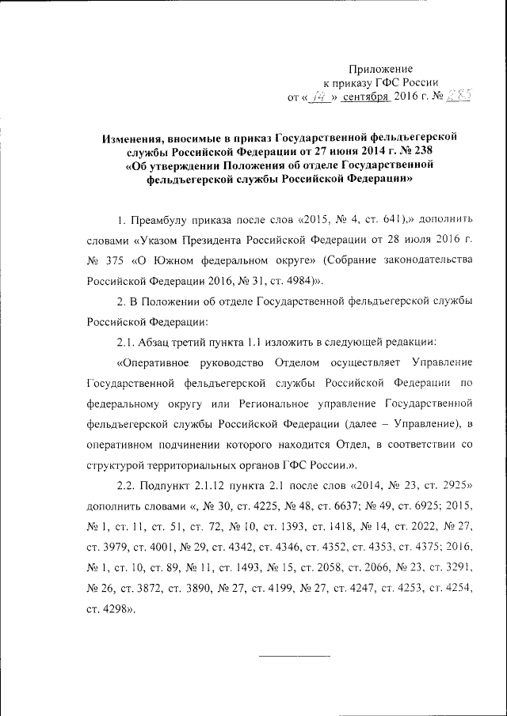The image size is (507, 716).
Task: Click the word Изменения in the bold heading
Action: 134,138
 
